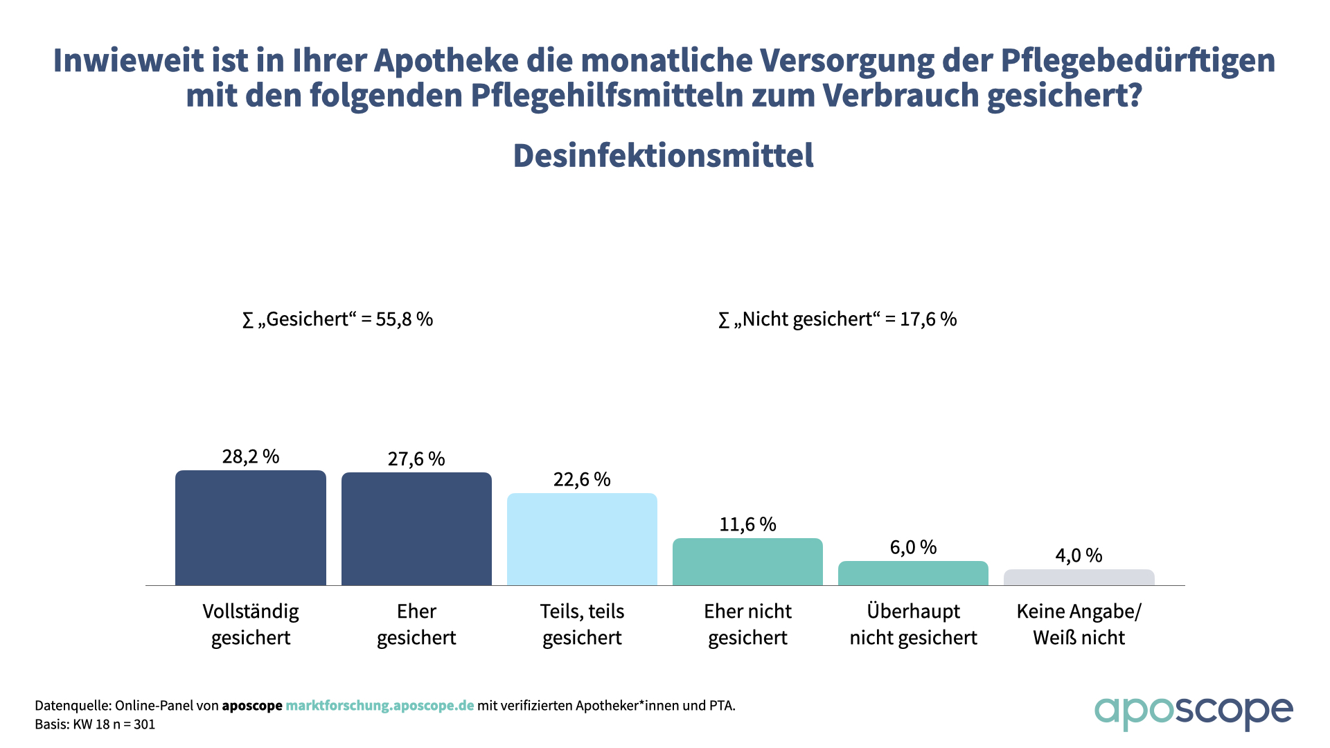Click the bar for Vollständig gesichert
(250, 528)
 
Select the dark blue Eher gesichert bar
(416, 529)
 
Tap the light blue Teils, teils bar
(582, 540)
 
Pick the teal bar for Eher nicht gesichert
(747, 562)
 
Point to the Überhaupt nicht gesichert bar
(913, 573)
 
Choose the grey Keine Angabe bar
(1079, 578)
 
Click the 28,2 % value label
(250, 456)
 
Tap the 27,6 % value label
(416, 459)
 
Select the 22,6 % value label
(582, 479)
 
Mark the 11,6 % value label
(747, 524)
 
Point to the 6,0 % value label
(913, 548)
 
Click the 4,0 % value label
(1079, 555)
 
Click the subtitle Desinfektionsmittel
(663, 156)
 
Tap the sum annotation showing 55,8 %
(337, 319)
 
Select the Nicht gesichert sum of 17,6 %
(837, 319)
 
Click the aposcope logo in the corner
(1193, 712)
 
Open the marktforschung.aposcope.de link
(380, 706)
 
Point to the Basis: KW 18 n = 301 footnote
(95, 724)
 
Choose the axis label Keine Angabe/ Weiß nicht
(1079, 624)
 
